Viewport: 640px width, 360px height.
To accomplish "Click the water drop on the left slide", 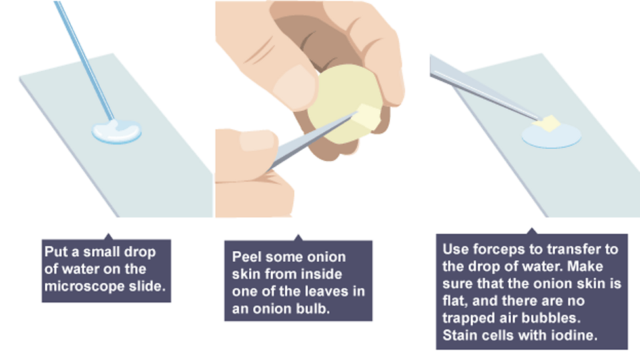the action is click(117, 131).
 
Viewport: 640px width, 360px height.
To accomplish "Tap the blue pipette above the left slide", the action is click(85, 61).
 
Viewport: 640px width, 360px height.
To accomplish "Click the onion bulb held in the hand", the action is click(345, 104).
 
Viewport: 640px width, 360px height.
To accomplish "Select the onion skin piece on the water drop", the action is click(546, 123).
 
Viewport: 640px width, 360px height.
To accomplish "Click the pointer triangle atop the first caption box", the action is click(108, 237).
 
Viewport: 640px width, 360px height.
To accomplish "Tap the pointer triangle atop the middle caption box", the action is click(298, 238).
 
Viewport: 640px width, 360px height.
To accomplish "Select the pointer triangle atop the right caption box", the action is click(531, 231).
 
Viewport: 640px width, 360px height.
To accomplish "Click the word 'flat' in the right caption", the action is click(454, 301).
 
